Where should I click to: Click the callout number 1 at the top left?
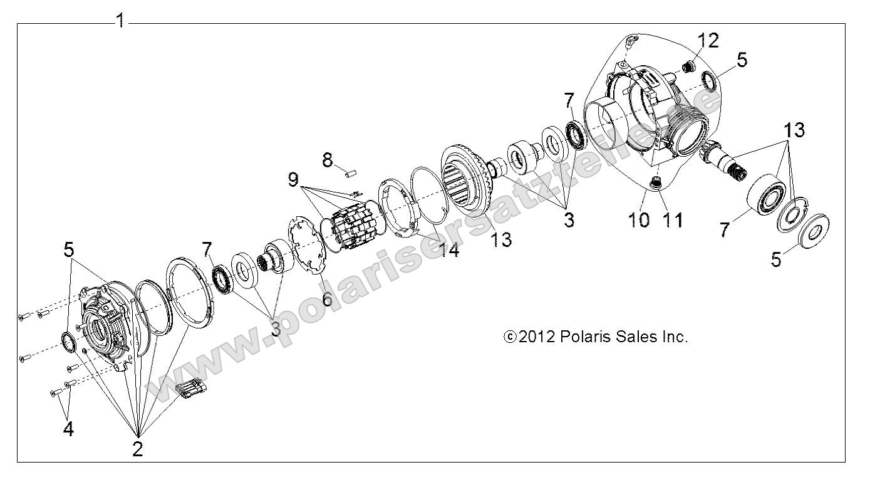[120, 21]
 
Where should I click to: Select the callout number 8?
[328, 160]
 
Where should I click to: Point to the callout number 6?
[327, 298]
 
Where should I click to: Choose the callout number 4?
[68, 429]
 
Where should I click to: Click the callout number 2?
[137, 448]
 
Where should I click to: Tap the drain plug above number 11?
[656, 183]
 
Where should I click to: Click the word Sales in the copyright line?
[636, 337]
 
